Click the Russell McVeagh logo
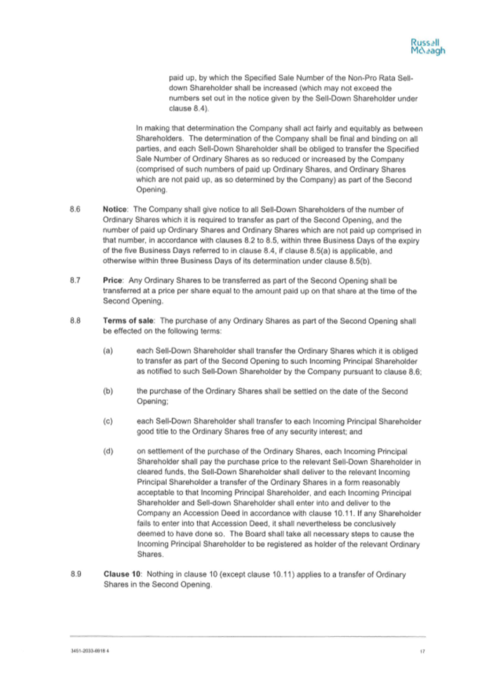428,47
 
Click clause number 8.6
75,209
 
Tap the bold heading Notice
115,209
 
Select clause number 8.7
75,281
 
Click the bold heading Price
113,281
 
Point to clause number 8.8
75,321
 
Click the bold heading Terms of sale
129,321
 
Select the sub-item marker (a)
108,351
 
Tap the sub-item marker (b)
108,391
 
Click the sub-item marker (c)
108,421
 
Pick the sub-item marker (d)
108,452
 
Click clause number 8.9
76,574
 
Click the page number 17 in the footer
422,652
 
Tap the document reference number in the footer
90,651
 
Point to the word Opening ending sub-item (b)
152,402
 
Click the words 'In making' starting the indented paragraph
153,129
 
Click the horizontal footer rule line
247,637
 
